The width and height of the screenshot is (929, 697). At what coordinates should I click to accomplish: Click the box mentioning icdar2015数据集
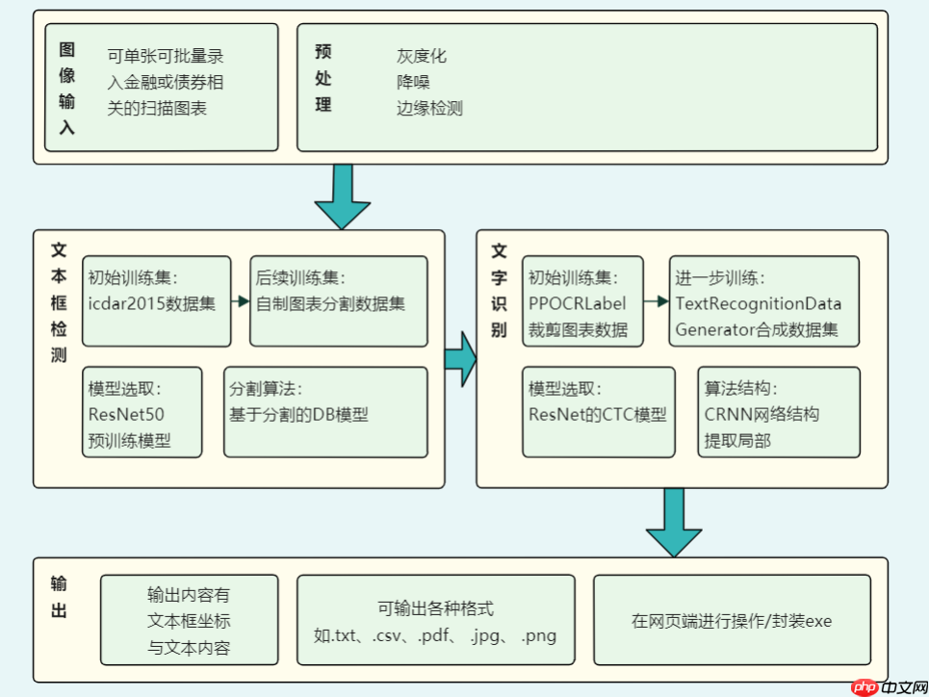tap(156, 300)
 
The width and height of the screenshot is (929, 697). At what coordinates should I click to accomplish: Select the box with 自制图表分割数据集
tap(338, 300)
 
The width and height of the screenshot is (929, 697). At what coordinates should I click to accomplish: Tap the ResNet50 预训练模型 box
tap(142, 411)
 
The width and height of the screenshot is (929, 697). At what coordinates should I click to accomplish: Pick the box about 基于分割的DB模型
tap(324, 411)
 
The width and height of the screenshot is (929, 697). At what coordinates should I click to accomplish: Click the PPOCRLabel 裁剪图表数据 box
tap(581, 300)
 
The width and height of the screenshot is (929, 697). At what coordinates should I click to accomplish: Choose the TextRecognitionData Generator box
tap(763, 300)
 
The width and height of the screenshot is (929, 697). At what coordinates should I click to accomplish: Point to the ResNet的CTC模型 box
tap(597, 411)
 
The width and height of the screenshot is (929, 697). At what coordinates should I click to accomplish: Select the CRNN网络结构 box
tap(778, 411)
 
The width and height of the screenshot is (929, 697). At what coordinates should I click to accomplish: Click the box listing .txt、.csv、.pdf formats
tap(435, 621)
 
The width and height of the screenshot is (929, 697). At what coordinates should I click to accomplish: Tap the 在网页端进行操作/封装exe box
tap(732, 621)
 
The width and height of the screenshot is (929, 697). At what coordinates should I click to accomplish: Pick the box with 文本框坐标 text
tap(189, 621)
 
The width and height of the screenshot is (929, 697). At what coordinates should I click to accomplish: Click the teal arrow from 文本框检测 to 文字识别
tap(461, 358)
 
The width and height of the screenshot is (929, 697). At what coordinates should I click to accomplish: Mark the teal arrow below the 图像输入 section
tap(343, 195)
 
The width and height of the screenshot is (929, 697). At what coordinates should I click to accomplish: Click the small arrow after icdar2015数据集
tap(240, 301)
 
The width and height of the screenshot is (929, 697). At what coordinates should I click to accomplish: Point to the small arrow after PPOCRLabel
tap(658, 301)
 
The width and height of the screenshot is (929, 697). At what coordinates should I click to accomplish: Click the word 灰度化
tap(422, 56)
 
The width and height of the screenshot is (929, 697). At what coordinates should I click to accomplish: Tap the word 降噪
tap(413, 82)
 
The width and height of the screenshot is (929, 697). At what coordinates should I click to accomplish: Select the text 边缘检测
tap(429, 108)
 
